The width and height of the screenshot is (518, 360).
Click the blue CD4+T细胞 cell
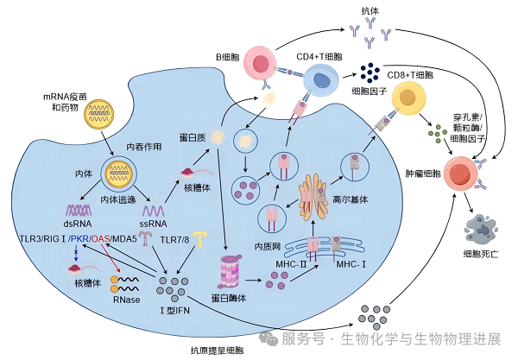click(322, 84)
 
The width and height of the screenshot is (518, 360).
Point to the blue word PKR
click(79, 238)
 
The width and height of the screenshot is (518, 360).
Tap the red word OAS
click(101, 238)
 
